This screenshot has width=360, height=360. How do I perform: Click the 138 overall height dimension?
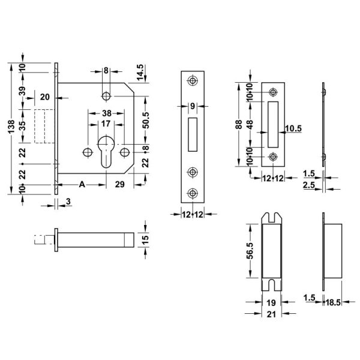11,126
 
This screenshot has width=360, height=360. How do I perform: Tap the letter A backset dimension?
82,184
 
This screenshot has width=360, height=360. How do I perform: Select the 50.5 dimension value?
146,120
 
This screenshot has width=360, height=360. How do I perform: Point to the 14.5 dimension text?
140,73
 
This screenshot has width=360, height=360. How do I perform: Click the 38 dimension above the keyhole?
107,113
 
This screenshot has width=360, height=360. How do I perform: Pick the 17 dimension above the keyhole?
106,124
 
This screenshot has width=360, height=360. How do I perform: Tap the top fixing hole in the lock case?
106,96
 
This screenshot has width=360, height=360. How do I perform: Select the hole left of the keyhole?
88,152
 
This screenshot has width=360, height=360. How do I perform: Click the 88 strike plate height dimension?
239,124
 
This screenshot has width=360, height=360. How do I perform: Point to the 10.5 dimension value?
293,128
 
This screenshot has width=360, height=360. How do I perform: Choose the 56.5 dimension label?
250,251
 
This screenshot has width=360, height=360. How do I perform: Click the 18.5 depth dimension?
333,302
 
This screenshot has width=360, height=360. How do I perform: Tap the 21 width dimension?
271,314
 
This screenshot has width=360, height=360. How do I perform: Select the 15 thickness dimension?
145,239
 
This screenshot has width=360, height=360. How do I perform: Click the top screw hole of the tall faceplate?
193,80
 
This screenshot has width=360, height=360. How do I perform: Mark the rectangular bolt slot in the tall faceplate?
193,134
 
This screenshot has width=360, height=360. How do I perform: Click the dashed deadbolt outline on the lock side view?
44,126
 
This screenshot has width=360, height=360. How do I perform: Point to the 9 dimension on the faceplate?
193,106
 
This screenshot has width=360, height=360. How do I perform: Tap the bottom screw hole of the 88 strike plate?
273,157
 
